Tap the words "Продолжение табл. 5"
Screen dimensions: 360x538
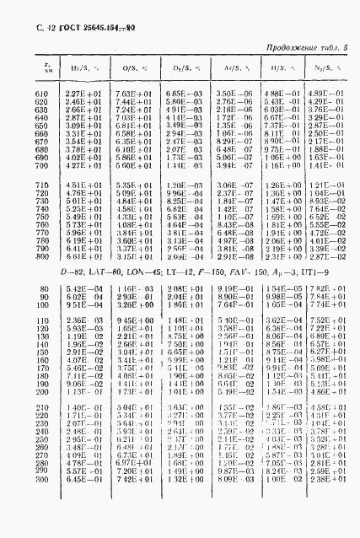click(x=307, y=51)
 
